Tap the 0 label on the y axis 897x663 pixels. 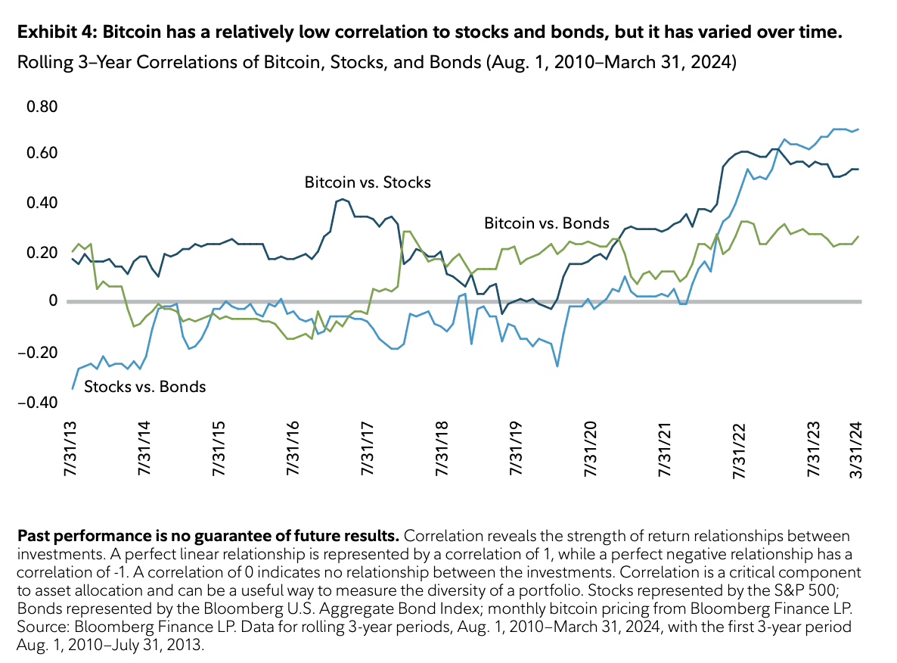click(x=53, y=302)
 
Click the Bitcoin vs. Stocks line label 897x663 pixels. click(x=368, y=182)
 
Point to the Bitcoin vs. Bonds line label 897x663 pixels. click(x=546, y=223)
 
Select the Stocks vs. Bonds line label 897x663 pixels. click(x=144, y=387)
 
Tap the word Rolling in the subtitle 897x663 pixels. click(x=42, y=62)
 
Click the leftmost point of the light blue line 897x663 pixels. click(x=73, y=388)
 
